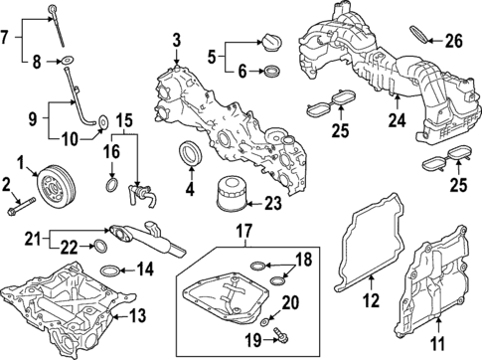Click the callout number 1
pos(21,159)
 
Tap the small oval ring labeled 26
pos(422,38)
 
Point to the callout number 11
pos(435,346)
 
